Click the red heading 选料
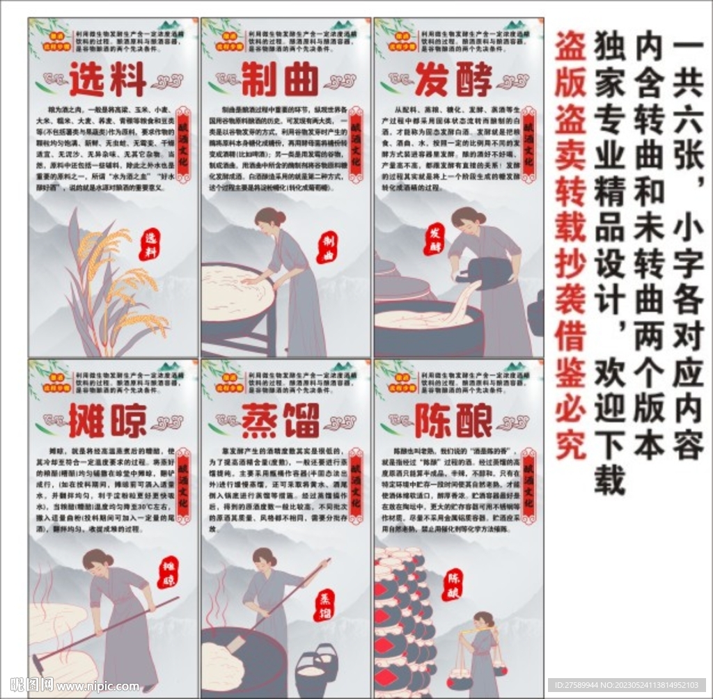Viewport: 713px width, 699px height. click(x=108, y=79)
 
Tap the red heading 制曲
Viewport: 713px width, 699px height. click(x=280, y=79)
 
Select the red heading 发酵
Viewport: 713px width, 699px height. click(x=453, y=79)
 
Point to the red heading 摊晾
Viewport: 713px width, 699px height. click(x=108, y=420)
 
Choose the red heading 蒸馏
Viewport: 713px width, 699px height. click(x=280, y=420)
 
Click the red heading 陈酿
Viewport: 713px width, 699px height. click(x=453, y=420)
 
